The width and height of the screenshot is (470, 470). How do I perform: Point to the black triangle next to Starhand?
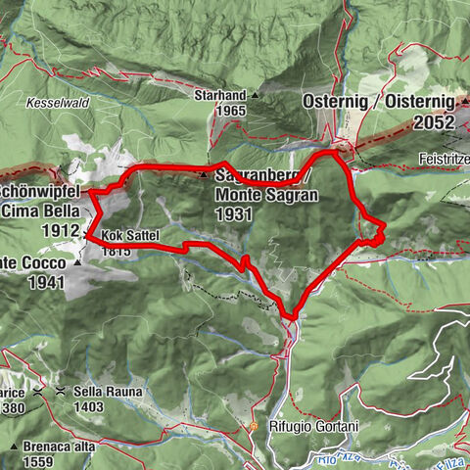point(255,96)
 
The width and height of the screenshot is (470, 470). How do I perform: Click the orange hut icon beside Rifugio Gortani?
point(253,427)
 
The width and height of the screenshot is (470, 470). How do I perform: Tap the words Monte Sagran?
point(264,194)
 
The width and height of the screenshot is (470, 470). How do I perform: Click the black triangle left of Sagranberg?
point(204,176)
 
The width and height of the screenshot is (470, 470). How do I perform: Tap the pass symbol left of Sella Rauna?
point(61,391)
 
